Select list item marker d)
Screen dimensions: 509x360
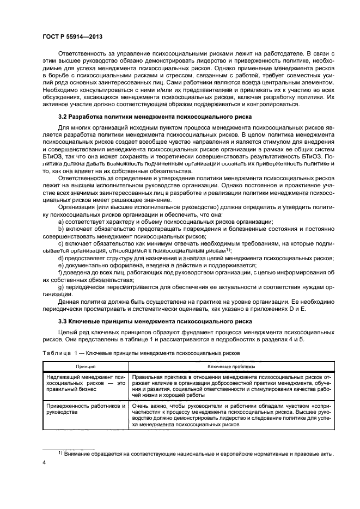click(60, 258)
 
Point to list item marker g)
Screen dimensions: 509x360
click(60, 286)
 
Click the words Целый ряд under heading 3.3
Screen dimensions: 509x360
click(71, 332)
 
